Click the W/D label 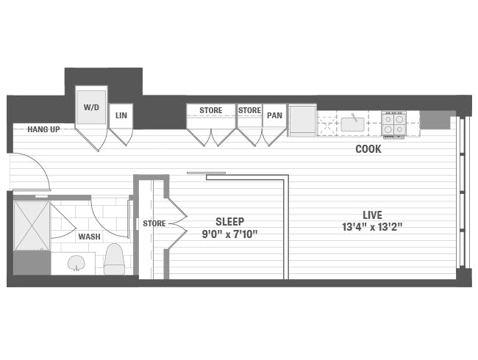coord(91,107)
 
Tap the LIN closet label coord(121,115)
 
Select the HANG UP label coord(43,129)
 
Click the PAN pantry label coord(274,115)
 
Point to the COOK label coord(368,149)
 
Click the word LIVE coord(372,215)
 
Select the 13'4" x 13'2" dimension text coord(372,227)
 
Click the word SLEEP coord(229,221)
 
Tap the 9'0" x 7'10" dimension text coord(229,234)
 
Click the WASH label coord(90,237)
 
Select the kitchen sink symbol coord(352,123)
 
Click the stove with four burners coord(393,123)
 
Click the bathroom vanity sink coord(76,262)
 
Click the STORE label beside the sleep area coord(154,223)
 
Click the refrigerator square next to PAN coord(302,120)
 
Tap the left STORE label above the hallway coord(210,111)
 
